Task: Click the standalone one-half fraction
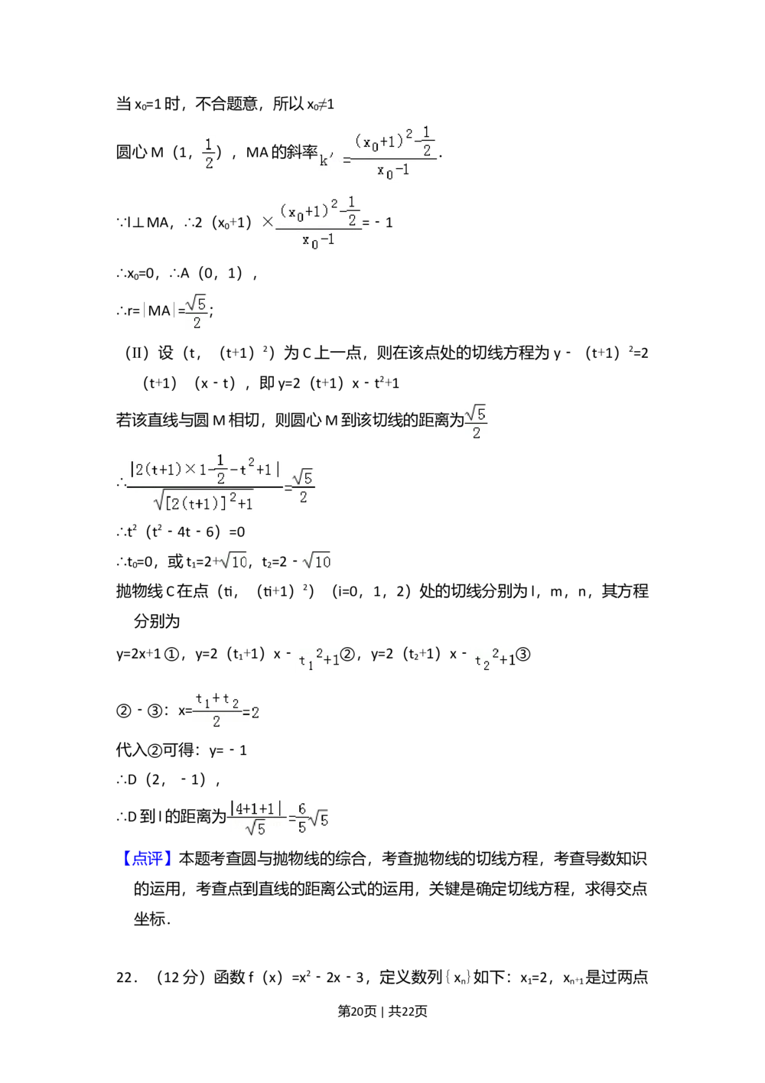tap(210, 153)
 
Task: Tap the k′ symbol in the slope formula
tap(327, 160)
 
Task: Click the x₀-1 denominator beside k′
tap(393, 171)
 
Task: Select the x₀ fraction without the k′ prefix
tap(321, 223)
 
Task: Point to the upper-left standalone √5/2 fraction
tap(197, 312)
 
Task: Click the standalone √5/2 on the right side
tap(475, 422)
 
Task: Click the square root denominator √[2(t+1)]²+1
tap(203, 501)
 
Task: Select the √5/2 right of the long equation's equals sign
tap(304, 487)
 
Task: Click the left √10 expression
tap(233, 562)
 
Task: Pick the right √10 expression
tap(316, 562)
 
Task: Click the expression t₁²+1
tap(318, 659)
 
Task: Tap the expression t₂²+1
tap(493, 659)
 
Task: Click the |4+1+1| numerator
tap(256, 808)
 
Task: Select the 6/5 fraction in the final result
tap(302, 818)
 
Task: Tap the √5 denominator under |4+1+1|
tap(256, 828)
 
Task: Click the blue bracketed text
tap(147, 857)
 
